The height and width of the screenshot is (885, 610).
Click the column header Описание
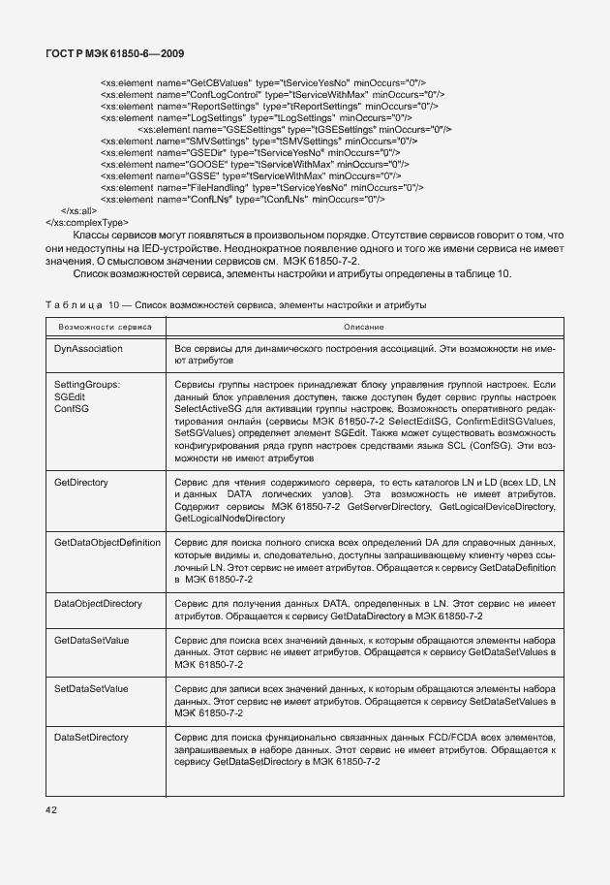pos(363,328)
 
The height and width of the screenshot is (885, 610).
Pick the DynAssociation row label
pos(90,347)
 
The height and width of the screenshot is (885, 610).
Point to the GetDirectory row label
pos(81,482)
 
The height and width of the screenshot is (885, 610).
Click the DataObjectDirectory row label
pos(99,603)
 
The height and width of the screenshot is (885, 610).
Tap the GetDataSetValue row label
pos(92,641)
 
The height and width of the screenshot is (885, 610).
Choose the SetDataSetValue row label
pos(92,688)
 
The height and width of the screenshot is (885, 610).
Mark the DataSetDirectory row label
pos(92,738)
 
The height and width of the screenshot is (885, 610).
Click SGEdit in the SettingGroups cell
pos(70,397)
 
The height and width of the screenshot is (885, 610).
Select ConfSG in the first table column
pos(71,409)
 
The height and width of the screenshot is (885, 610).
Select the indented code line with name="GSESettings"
pos(295,129)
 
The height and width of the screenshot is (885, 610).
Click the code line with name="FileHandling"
pos(261,187)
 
